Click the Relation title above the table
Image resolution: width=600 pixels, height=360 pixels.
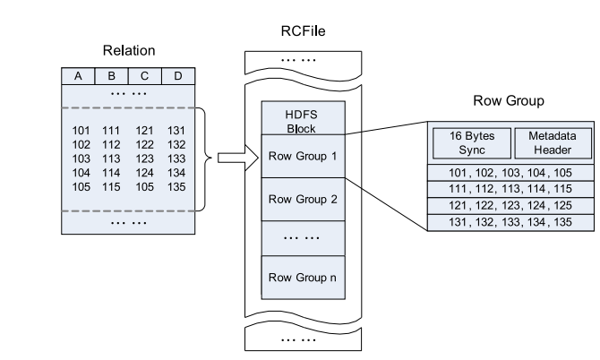128,49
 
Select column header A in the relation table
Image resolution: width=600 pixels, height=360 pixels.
78,76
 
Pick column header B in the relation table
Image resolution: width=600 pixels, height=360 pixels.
111,76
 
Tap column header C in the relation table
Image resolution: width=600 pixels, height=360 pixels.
145,76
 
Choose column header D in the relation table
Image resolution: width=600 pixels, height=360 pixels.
177,76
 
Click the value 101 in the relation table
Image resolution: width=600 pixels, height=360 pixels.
81,131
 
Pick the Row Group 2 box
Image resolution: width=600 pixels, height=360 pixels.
301,200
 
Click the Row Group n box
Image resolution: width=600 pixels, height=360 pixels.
301,278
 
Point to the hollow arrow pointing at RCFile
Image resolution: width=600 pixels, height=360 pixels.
232,159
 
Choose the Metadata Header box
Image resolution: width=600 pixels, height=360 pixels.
553,142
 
